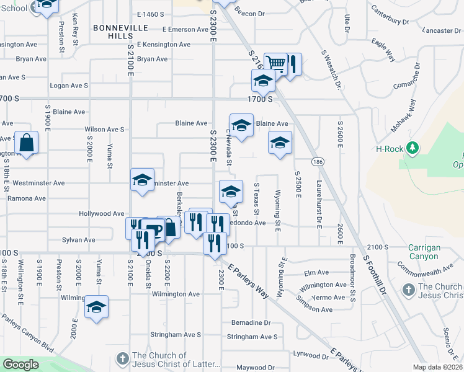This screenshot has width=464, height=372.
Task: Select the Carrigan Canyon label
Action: click(x=424, y=252)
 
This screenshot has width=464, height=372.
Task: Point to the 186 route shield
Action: click(x=318, y=161)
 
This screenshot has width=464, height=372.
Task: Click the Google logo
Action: click(x=20, y=365)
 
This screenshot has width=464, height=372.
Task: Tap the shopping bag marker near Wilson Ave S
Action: click(x=27, y=143)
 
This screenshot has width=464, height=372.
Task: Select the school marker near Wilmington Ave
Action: click(x=96, y=307)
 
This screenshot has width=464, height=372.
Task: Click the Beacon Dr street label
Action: click(x=249, y=12)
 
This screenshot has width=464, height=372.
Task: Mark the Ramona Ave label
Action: click(x=27, y=198)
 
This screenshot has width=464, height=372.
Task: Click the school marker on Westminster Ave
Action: click(x=142, y=180)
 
